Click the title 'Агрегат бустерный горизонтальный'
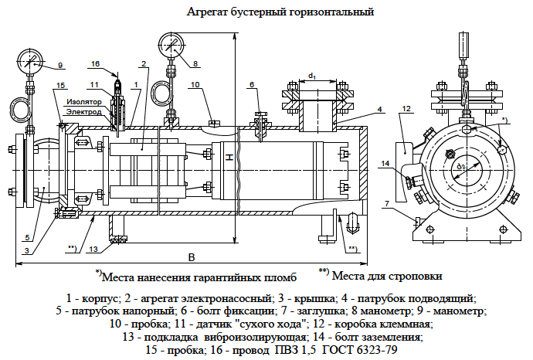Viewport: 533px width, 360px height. tap(280, 12)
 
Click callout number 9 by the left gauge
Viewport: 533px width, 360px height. tap(60, 64)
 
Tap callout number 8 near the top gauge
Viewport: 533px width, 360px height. tap(195, 63)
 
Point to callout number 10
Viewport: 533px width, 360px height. tap(195, 84)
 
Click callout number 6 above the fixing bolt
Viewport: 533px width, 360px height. tap(252, 84)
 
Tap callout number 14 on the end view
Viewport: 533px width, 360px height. tap(385, 163)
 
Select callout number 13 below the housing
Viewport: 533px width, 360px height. tap(93, 249)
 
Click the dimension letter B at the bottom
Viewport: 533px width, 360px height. tap(180, 256)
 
